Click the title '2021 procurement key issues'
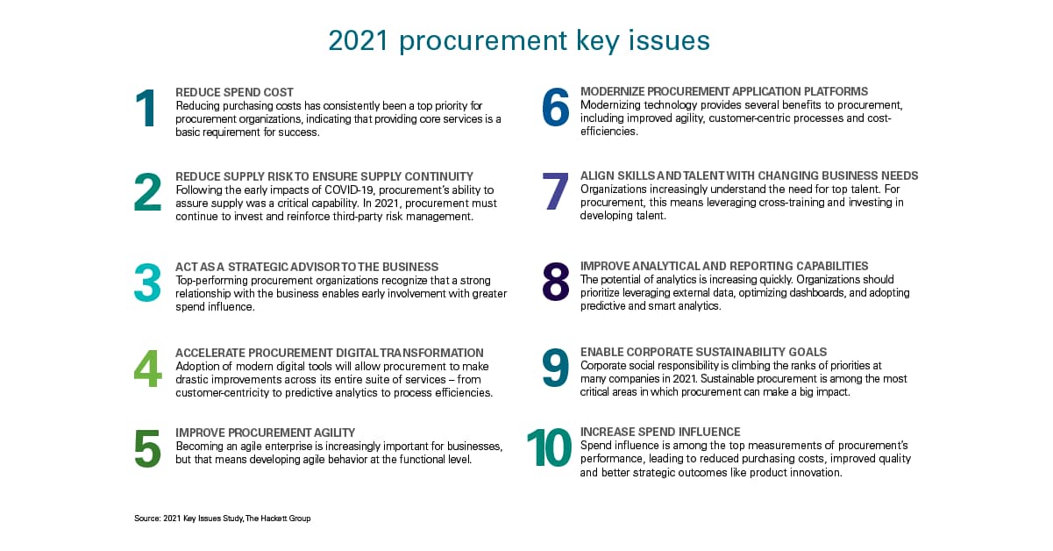519,40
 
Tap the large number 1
146,109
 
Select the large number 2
147,193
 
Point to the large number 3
147,283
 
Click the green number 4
147,369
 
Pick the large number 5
147,449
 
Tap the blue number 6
555,109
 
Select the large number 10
548,449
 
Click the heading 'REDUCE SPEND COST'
234,92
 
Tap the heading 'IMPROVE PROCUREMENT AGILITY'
265,433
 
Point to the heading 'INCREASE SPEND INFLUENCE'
660,433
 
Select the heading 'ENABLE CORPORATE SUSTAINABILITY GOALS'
703,353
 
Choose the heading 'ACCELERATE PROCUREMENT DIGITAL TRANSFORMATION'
329,353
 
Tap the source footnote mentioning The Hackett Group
223,519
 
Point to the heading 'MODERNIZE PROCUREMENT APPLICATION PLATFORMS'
724,92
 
